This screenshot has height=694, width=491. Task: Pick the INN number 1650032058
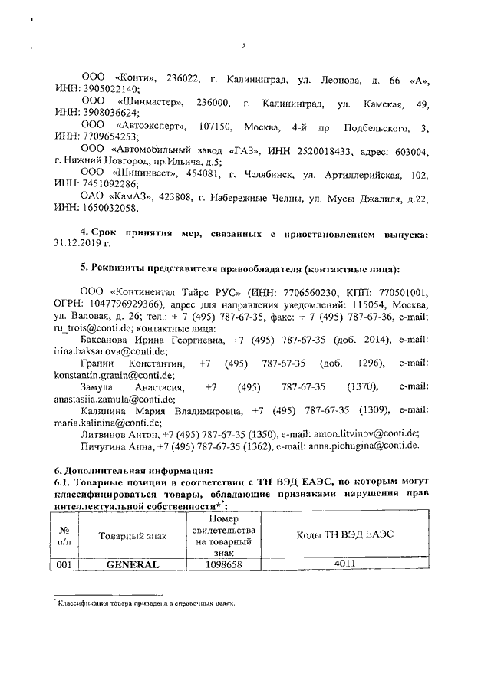click(106, 209)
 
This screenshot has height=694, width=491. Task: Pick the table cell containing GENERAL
click(131, 565)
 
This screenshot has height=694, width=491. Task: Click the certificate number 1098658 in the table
click(224, 565)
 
